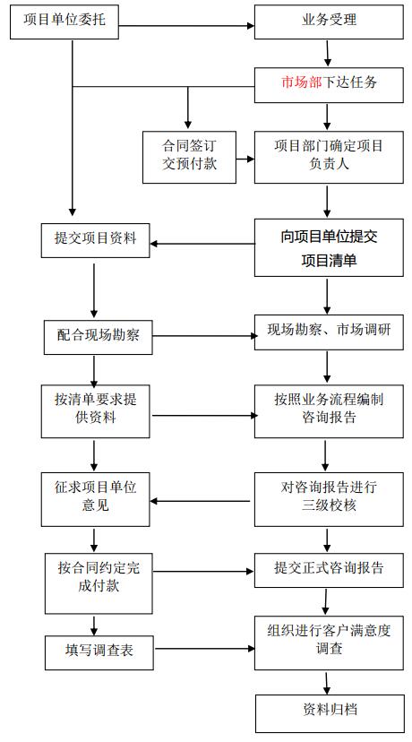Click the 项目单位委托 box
point(64,22)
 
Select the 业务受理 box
point(329,22)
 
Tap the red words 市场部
point(301,82)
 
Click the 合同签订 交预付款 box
point(189,157)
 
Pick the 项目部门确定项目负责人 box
point(329,157)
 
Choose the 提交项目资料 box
point(96,240)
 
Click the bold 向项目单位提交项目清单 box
point(329,247)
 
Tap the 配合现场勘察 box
point(99,337)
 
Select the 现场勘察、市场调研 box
point(329,332)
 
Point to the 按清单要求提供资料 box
point(96,411)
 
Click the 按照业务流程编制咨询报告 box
point(329,411)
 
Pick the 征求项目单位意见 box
point(96,499)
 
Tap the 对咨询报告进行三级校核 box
point(329,499)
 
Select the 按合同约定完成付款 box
point(99,583)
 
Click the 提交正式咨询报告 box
point(329,570)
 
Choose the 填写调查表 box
point(99,652)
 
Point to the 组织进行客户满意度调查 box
point(329,643)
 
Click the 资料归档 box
point(330,713)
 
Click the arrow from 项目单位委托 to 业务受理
point(186,26)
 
